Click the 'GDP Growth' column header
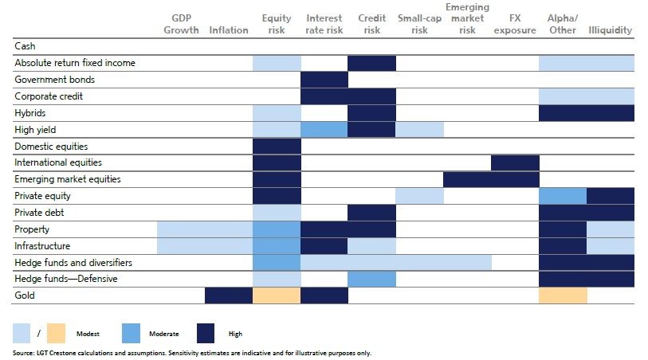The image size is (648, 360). point(181,24)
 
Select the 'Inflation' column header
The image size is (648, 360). point(229,30)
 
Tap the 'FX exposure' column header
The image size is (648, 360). point(515,24)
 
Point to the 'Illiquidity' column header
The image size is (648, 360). point(610,30)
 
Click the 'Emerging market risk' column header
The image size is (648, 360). point(467,19)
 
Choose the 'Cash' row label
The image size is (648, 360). point(25,47)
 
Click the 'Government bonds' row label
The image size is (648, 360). point(54,80)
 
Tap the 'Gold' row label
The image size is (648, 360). point(26,295)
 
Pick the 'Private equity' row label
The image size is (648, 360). point(45,195)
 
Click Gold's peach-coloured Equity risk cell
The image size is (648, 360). point(277,295)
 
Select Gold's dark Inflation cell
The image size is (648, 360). point(229,295)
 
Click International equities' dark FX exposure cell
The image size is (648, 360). point(515,162)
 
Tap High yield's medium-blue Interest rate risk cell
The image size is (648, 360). point(324,129)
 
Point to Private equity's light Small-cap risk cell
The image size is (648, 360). point(420,195)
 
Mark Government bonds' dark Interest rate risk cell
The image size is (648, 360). point(324,80)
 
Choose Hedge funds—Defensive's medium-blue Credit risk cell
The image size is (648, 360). point(372,279)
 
